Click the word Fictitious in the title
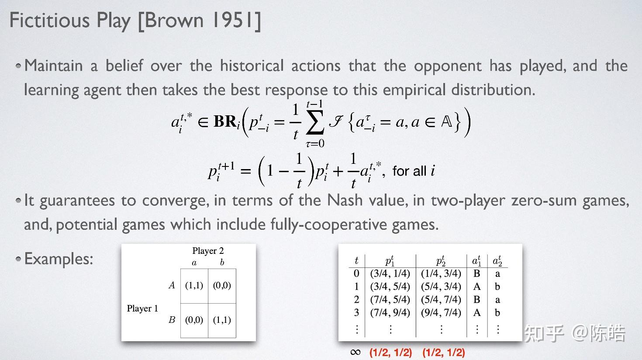pyautogui.click(x=50, y=20)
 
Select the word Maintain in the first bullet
pyautogui.click(x=54, y=66)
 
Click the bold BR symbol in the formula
pyautogui.click(x=225, y=121)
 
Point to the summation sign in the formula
pyautogui.click(x=315, y=122)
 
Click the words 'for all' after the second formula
pyautogui.click(x=409, y=171)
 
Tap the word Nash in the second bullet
pyautogui.click(x=345, y=200)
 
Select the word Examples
pyautogui.click(x=59, y=259)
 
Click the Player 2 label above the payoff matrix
pyautogui.click(x=208, y=251)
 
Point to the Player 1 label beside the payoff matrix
pyautogui.click(x=142, y=308)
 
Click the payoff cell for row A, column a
pyautogui.click(x=194, y=285)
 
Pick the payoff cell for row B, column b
pyautogui.click(x=222, y=320)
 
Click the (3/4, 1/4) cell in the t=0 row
pyautogui.click(x=390, y=273)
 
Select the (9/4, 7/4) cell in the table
pyautogui.click(x=441, y=312)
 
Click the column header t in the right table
pyautogui.click(x=356, y=260)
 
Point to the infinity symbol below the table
pyautogui.click(x=356, y=352)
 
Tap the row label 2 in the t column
pyautogui.click(x=356, y=300)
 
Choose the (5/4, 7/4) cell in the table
pyautogui.click(x=441, y=300)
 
